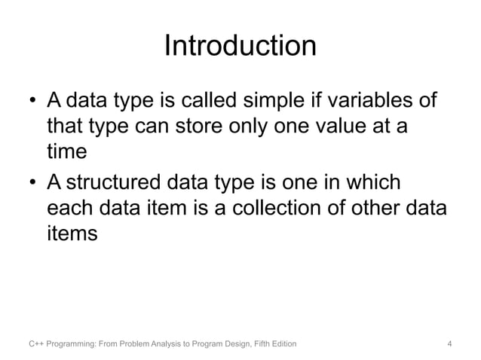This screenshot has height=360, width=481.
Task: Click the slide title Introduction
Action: coord(240,47)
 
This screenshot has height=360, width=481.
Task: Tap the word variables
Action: coord(391,101)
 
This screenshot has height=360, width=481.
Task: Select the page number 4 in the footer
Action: coord(449,345)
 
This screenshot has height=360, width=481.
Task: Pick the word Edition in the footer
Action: coord(280,345)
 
